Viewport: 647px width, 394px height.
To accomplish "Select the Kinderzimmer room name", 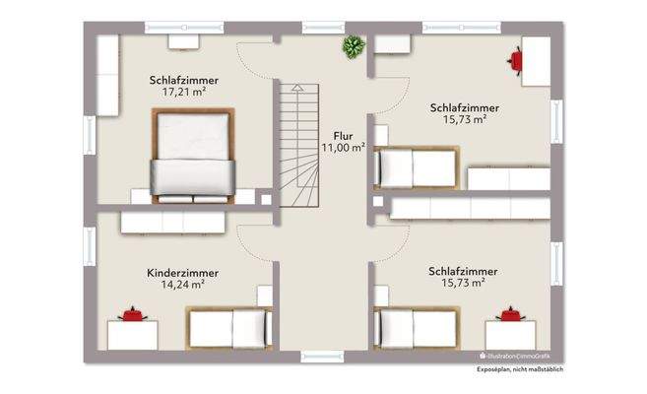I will (x=182, y=273).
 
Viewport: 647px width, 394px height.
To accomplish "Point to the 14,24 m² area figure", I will (x=182, y=286).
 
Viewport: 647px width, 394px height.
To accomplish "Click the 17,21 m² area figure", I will (x=184, y=93).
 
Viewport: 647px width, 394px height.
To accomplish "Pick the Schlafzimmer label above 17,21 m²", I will (x=184, y=80).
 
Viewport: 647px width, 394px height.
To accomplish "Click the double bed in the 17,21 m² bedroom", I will (x=193, y=154).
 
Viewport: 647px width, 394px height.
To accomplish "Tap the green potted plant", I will (x=352, y=45).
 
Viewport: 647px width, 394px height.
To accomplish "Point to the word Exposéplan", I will (x=498, y=367).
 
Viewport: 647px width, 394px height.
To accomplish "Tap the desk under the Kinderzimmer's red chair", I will (x=132, y=334).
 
